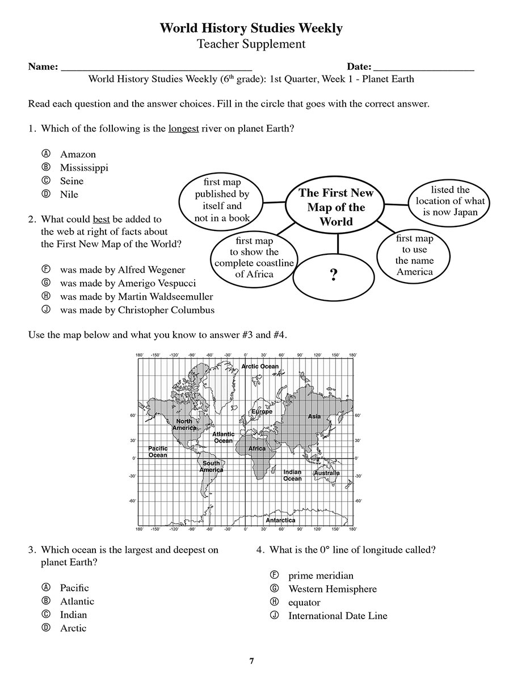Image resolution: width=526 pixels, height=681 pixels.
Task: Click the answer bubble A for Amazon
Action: click(47, 154)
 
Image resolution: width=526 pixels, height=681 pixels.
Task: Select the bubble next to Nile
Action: click(47, 194)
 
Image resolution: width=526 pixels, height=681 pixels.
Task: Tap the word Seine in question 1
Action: click(71, 181)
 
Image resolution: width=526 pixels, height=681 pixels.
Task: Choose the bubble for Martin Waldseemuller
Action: click(47, 296)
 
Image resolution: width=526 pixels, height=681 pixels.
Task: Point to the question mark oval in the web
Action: click(334, 275)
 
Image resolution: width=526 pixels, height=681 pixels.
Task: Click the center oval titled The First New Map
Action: click(336, 207)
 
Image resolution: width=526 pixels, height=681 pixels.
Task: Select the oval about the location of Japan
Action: click(450, 201)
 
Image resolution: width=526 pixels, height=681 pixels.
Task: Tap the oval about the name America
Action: click(414, 255)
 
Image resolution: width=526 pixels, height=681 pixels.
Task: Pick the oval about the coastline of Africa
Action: click(254, 258)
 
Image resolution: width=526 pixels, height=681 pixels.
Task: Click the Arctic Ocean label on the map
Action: click(260, 366)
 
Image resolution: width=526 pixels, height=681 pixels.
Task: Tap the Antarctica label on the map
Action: click(280, 520)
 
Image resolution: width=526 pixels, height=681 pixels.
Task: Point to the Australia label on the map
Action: click(327, 473)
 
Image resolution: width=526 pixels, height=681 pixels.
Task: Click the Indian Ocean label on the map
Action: click(292, 476)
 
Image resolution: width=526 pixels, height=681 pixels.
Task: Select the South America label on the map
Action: click(211, 466)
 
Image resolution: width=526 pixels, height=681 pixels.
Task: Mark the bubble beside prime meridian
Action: click(275, 575)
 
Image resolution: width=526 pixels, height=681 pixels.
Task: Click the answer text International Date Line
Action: click(338, 616)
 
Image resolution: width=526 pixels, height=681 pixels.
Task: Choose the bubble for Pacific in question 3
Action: click(47, 587)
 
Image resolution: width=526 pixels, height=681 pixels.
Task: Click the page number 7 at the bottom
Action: click(251, 661)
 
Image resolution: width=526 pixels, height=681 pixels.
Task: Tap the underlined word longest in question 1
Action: click(183, 129)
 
